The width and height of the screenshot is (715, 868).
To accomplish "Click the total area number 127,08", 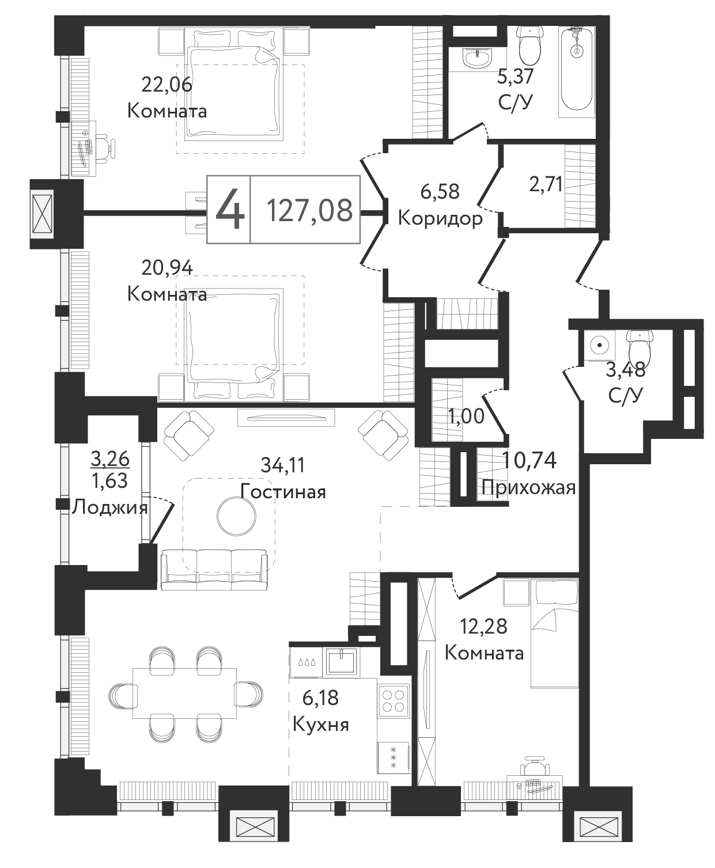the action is click(309, 210).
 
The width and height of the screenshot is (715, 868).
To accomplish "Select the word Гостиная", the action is click(283, 492).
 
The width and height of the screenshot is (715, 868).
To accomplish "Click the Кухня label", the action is click(321, 725).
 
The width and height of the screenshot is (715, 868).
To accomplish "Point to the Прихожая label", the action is click(529, 487).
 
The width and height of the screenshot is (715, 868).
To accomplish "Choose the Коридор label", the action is click(441, 219).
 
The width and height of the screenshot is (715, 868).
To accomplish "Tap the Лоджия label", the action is click(110, 507).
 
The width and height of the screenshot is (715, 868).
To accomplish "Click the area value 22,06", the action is click(167, 85).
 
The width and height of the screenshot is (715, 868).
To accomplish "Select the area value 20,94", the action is click(167, 268).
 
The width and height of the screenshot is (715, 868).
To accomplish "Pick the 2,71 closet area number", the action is click(546, 184).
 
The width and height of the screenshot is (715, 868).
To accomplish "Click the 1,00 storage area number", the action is click(467, 416).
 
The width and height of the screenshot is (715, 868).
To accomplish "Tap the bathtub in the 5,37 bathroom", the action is click(576, 68).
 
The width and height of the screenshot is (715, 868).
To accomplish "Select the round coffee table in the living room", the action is click(236, 516).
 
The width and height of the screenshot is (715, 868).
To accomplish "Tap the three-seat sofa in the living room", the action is click(214, 570).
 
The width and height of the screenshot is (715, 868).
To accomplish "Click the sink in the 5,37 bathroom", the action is click(478, 58).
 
